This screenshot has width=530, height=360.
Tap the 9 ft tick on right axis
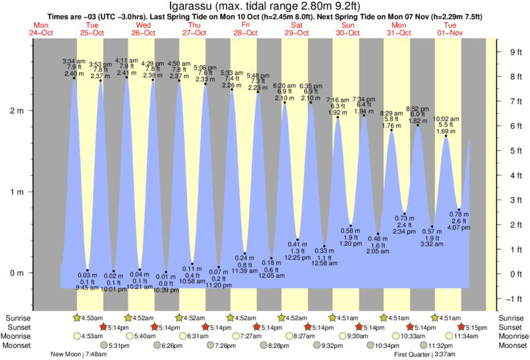pyautogui.click(x=515, y=52)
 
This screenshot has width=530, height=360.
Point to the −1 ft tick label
pyautogui.click(x=515, y=299)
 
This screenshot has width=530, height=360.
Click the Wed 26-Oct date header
pyautogui.click(x=141, y=29)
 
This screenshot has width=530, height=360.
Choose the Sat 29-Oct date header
pyautogui.click(x=295, y=29)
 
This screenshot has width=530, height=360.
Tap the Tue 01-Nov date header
pyautogui.click(x=450, y=29)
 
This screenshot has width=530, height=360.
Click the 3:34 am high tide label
pyautogui.click(x=74, y=61)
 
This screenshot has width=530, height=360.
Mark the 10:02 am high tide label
pyautogui.click(x=448, y=119)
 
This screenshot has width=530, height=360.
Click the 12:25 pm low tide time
pyautogui.click(x=297, y=257)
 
